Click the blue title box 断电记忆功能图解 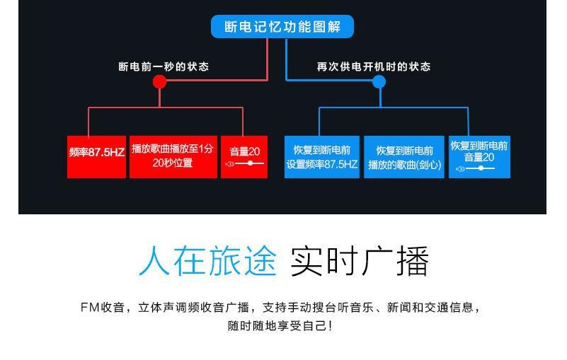pyautogui.click(x=282, y=26)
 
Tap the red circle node pyautogui.click(x=159, y=81)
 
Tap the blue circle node pyautogui.click(x=379, y=81)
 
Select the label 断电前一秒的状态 pyautogui.click(x=164, y=66)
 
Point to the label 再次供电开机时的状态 pyautogui.click(x=374, y=66)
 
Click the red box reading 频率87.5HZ pyautogui.click(x=96, y=157)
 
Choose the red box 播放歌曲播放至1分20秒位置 pyautogui.click(x=173, y=157)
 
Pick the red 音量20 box pyautogui.click(x=244, y=157)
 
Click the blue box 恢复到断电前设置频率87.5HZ pyautogui.click(x=322, y=157)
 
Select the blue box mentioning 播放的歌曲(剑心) pyautogui.click(x=404, y=157)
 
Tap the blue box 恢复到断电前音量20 pyautogui.click(x=479, y=157)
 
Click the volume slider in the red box pyautogui.click(x=245, y=164)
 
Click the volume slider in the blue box pyautogui.click(x=476, y=168)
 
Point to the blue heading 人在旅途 pyautogui.click(x=207, y=261)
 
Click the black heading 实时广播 pyautogui.click(x=359, y=261)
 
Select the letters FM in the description pyautogui.click(x=90, y=308)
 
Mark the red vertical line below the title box pyautogui.click(x=268, y=59)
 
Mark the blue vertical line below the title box pyautogui.click(x=287, y=59)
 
